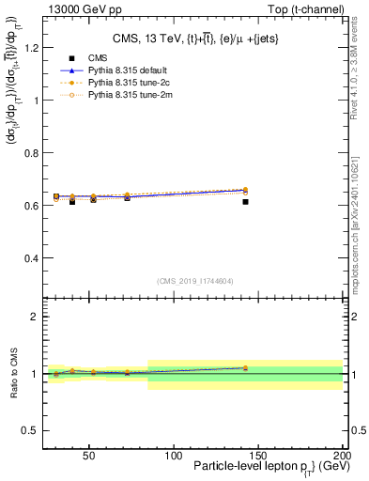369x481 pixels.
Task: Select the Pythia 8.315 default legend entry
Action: (x=112, y=71)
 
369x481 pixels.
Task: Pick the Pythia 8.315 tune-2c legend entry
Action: (x=111, y=84)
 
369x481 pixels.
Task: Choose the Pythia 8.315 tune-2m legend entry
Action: (x=112, y=95)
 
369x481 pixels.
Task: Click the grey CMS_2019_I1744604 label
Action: (x=194, y=281)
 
